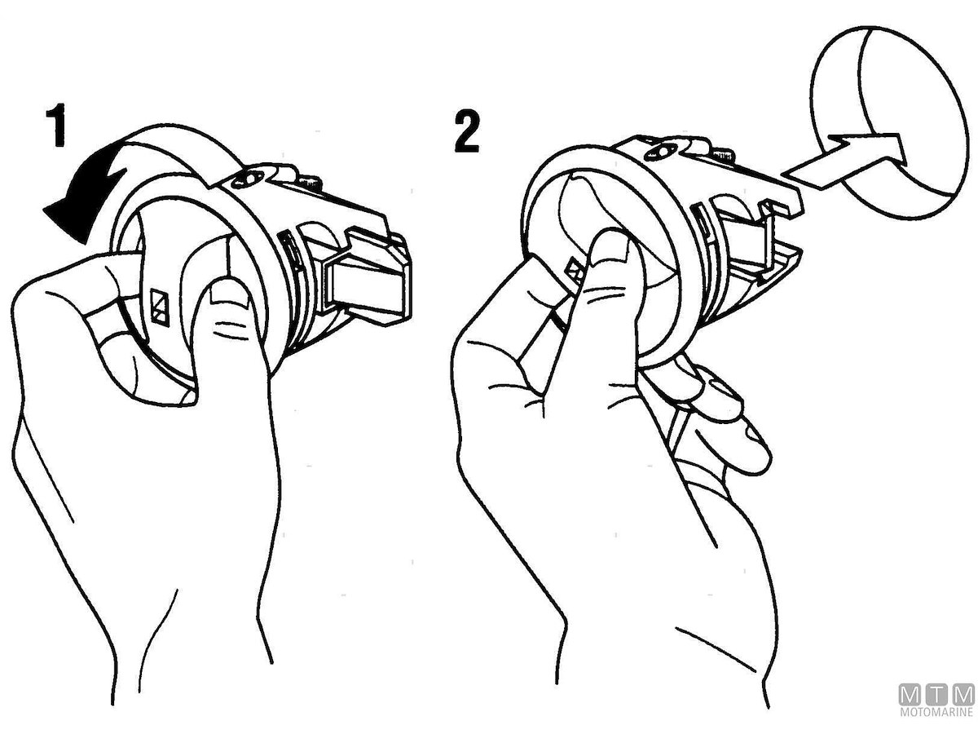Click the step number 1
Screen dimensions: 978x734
(x=56, y=125)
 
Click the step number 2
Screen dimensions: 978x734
(x=467, y=131)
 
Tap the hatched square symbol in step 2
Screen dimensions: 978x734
(x=575, y=272)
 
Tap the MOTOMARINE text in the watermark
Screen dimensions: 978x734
(x=936, y=724)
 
